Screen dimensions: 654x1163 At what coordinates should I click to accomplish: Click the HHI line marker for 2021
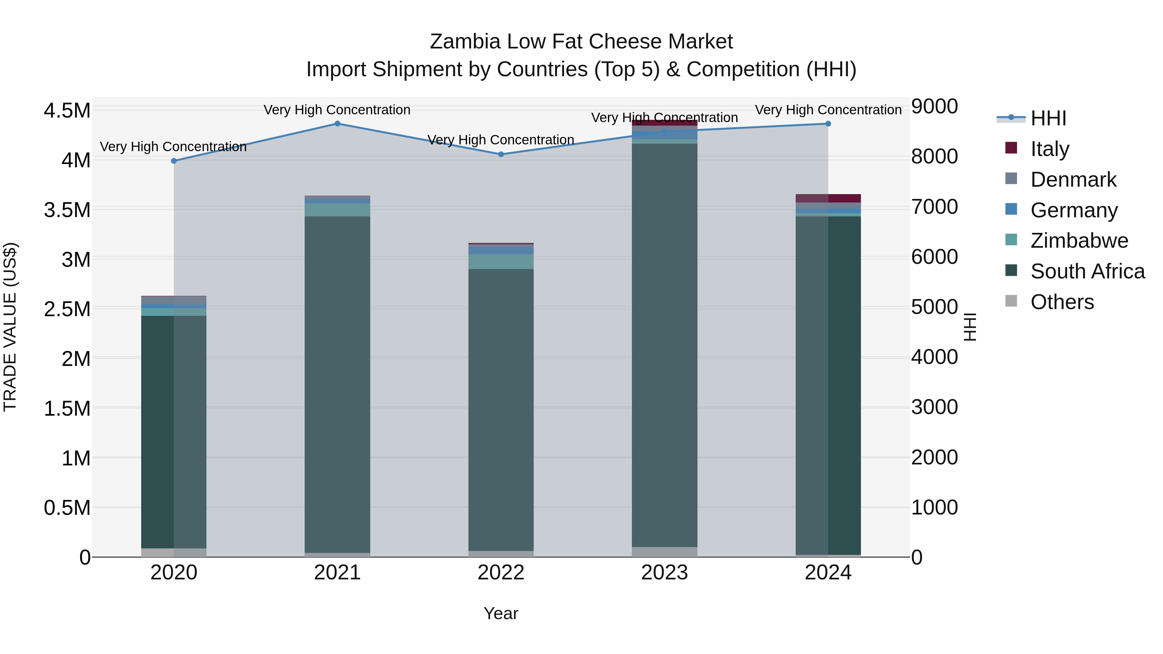point(337,124)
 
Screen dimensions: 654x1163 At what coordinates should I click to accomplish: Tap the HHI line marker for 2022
point(501,154)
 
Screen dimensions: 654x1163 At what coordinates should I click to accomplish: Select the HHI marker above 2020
point(174,161)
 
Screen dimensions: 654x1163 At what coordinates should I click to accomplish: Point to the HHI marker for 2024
point(828,124)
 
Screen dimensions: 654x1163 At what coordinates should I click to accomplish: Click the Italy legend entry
point(1050,149)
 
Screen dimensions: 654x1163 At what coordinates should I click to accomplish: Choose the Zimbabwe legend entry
point(1079,241)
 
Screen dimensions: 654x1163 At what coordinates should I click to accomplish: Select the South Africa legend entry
point(1087,271)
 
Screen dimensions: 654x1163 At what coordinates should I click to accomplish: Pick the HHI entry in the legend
point(1048,118)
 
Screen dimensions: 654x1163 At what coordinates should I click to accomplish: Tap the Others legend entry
point(1062,302)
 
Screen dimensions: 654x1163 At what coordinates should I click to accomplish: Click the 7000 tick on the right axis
point(934,207)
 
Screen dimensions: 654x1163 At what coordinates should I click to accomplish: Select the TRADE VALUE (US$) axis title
point(10,327)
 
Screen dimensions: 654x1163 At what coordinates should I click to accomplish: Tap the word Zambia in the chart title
point(465,42)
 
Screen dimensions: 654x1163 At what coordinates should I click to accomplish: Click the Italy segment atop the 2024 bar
point(828,199)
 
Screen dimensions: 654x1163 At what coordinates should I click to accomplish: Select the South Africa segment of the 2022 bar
point(501,406)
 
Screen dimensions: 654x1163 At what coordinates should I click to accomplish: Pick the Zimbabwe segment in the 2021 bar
point(337,210)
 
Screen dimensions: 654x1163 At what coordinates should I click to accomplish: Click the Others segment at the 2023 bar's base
point(664,552)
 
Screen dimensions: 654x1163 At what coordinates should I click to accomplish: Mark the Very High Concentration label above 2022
point(501,140)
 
